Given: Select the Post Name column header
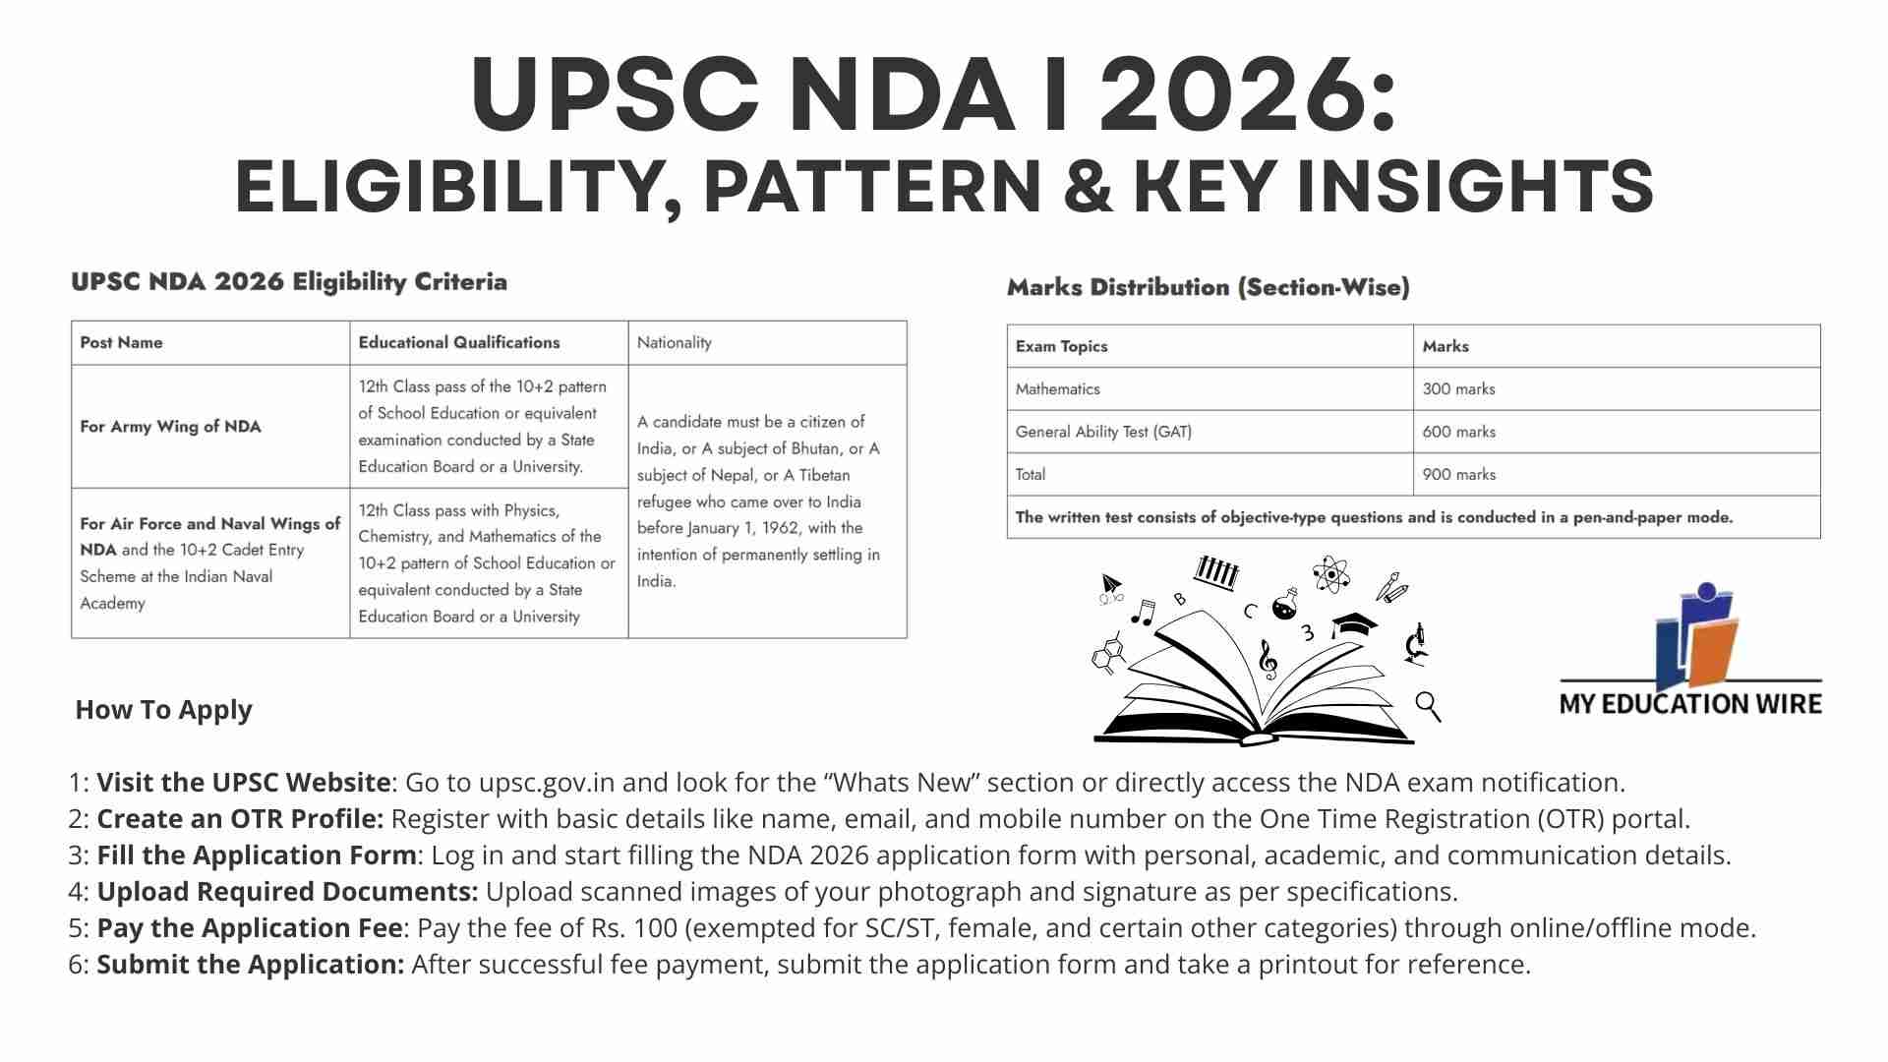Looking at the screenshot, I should click(x=121, y=342).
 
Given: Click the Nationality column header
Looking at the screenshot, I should click(x=674, y=342).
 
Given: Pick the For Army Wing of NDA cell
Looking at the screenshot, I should click(x=170, y=427).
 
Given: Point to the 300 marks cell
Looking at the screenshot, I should click(x=1458, y=389).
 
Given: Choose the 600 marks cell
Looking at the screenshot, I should click(x=1458, y=432).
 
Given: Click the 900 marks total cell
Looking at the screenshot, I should click(x=1458, y=474).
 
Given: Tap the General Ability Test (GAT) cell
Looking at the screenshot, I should click(x=1103, y=432).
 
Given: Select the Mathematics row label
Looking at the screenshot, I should click(x=1057, y=389).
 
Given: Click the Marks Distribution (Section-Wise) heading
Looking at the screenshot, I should click(x=1208, y=287).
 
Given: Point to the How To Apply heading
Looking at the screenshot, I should click(x=163, y=710).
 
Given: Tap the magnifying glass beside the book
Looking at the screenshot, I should click(x=1428, y=705).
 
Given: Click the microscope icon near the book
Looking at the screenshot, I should click(x=1416, y=644).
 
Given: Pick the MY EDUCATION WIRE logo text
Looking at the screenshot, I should click(x=1689, y=704).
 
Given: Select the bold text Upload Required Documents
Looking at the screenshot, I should click(x=287, y=892).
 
